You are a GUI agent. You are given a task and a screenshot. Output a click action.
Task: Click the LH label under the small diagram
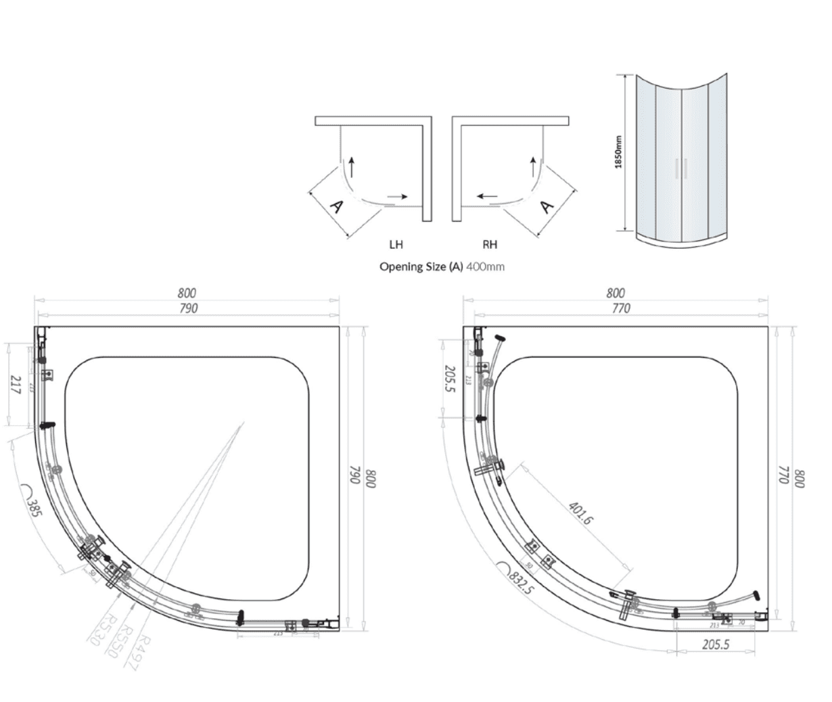(x=396, y=244)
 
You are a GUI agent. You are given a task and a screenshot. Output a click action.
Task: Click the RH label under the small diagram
(x=490, y=244)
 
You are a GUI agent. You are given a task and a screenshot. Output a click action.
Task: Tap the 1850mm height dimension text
(x=618, y=152)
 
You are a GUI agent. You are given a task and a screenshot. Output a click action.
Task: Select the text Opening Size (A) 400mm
(x=442, y=266)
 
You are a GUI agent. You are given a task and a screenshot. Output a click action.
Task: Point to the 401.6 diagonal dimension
(x=580, y=513)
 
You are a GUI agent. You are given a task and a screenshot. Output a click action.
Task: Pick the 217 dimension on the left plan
(x=16, y=385)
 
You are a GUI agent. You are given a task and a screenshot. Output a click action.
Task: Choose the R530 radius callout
(x=99, y=630)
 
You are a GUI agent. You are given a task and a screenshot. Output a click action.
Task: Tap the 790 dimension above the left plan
(x=187, y=308)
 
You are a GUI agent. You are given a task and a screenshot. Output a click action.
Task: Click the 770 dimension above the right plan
(x=620, y=308)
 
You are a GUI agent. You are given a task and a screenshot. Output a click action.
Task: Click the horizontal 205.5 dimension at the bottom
(x=715, y=645)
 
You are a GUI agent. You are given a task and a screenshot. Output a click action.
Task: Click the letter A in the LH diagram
(x=336, y=207)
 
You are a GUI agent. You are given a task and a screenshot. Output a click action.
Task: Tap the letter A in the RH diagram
(x=547, y=206)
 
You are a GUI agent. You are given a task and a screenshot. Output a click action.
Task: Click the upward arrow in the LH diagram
(x=350, y=166)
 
